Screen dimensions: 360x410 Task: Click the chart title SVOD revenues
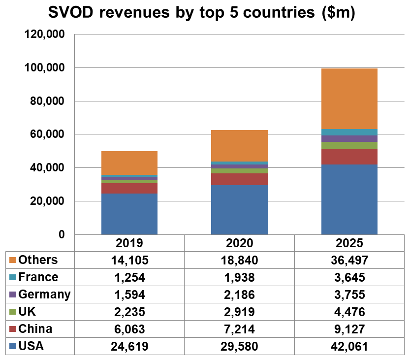click(x=201, y=13)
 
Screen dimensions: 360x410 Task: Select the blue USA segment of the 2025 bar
click(x=349, y=199)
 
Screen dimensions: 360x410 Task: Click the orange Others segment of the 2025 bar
click(x=349, y=98)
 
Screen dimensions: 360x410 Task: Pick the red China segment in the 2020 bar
click(x=239, y=179)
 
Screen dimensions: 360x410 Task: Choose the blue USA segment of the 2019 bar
click(x=129, y=214)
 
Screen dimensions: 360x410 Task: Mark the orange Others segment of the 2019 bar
click(x=129, y=163)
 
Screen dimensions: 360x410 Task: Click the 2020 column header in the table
click(x=239, y=243)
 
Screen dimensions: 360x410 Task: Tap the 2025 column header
click(x=349, y=243)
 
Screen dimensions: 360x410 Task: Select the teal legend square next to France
click(x=12, y=277)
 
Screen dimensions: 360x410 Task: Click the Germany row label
click(x=44, y=295)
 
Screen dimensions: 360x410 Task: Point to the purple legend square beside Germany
click(x=12, y=295)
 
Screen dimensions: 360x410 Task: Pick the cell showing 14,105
click(x=129, y=260)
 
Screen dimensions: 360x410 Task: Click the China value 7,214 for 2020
click(x=239, y=329)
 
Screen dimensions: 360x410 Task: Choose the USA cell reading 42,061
click(x=349, y=346)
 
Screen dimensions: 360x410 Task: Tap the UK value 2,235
click(x=129, y=312)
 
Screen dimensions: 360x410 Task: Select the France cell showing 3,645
click(x=349, y=277)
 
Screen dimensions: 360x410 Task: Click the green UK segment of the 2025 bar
click(x=349, y=145)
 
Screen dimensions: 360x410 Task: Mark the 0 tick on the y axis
click(x=62, y=234)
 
